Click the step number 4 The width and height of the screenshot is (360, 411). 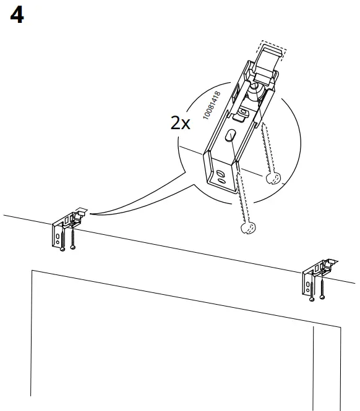pyautogui.click(x=17, y=15)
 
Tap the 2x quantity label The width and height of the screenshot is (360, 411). pyautogui.click(x=181, y=122)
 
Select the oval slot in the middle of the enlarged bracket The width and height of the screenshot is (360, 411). pyautogui.click(x=231, y=136)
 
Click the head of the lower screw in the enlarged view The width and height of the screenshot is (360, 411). pyautogui.click(x=246, y=227)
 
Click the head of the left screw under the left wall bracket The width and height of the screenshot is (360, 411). pyautogui.click(x=62, y=250)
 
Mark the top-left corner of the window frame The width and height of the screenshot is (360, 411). pyautogui.click(x=32, y=271)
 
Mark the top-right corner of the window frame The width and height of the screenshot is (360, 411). pyautogui.click(x=340, y=326)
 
